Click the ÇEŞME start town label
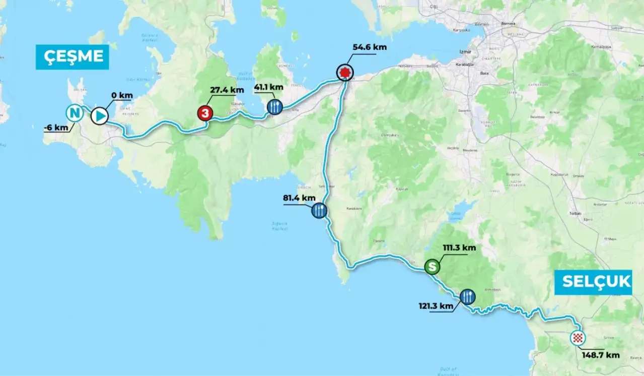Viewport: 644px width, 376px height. pyautogui.click(x=72, y=57)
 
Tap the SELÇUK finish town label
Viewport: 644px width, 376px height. pyautogui.click(x=593, y=282)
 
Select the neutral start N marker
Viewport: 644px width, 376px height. pyautogui.click(x=75, y=113)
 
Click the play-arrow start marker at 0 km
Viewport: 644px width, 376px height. pyautogui.click(x=100, y=116)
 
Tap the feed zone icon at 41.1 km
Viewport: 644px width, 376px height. pyautogui.click(x=274, y=107)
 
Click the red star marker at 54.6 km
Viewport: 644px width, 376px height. pyautogui.click(x=344, y=73)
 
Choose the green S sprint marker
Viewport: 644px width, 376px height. pyautogui.click(x=432, y=267)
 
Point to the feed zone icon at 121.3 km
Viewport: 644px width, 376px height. pyautogui.click(x=467, y=297)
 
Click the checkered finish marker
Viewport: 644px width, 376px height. pyautogui.click(x=578, y=338)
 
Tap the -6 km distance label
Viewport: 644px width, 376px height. pyautogui.click(x=55, y=128)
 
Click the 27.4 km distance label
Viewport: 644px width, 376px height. pyautogui.click(x=227, y=90)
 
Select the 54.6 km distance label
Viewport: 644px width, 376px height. pyautogui.click(x=370, y=47)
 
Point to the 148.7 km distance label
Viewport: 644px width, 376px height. pyautogui.click(x=601, y=355)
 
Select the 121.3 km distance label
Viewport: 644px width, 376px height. pyautogui.click(x=436, y=305)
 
